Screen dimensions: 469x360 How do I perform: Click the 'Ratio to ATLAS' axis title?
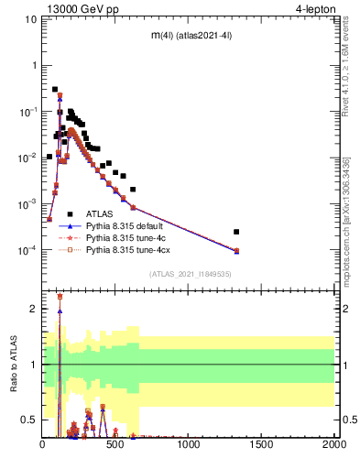[12, 365]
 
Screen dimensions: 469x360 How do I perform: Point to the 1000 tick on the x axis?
[189, 443]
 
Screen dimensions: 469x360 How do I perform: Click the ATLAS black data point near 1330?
[236, 232]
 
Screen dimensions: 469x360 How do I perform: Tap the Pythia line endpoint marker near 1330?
[236, 251]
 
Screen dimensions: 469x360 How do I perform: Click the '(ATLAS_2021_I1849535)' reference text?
[189, 274]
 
